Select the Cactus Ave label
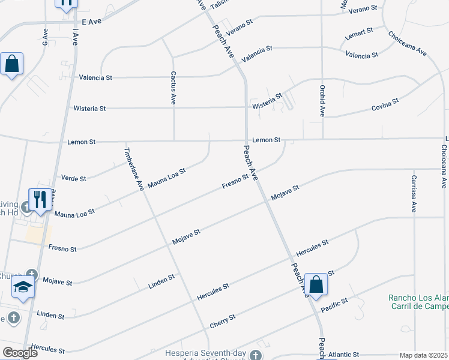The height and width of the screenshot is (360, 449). pyautogui.click(x=173, y=88)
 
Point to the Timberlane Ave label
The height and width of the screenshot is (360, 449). pyautogui.click(x=134, y=169)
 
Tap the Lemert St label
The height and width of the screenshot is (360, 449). pyautogui.click(x=359, y=33)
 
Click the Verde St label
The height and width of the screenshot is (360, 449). pyautogui.click(x=74, y=178)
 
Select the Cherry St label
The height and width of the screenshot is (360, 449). pyautogui.click(x=222, y=321)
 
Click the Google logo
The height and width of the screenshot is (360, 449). pyautogui.click(x=20, y=353)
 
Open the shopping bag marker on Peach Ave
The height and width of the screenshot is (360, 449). pyautogui.click(x=316, y=286)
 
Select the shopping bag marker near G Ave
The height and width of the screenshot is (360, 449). pyautogui.click(x=11, y=64)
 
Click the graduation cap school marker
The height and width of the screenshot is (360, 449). pyautogui.click(x=23, y=288)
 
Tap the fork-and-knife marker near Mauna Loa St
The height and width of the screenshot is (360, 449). pyautogui.click(x=40, y=200)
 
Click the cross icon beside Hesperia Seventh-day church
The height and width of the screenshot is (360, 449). pyautogui.click(x=256, y=355)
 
